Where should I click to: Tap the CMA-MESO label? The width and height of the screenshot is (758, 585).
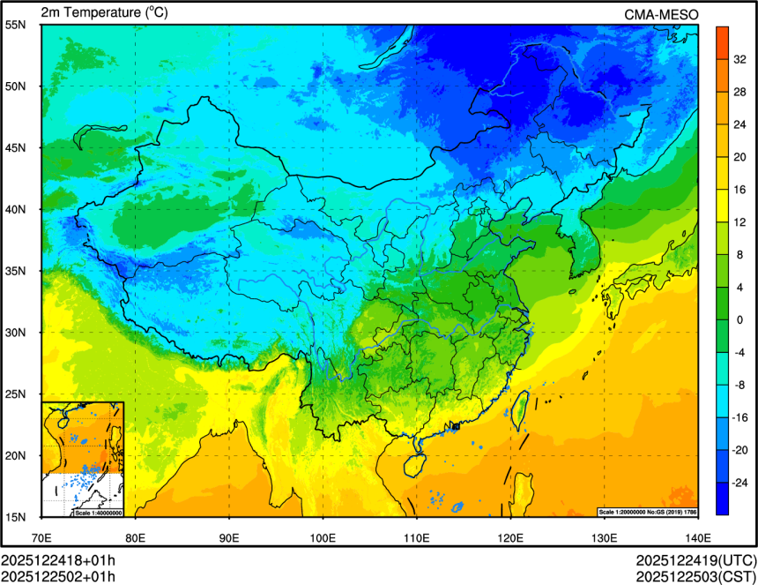tap(660, 14)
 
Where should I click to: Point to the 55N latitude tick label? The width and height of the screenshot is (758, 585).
tap(15, 25)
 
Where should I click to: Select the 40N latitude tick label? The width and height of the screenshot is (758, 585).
tap(15, 210)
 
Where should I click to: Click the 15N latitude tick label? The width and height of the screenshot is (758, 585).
tap(15, 517)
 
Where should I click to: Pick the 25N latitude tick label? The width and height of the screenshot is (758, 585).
tap(15, 394)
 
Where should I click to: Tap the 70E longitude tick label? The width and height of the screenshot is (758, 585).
tap(41, 537)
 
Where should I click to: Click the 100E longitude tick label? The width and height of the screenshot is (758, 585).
tap(323, 537)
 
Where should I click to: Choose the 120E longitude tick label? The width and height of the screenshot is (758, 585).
tap(510, 537)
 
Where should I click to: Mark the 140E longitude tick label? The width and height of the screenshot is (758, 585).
tap(697, 537)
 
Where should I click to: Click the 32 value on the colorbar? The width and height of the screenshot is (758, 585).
tap(741, 60)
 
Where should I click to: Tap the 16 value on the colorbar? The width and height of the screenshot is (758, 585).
tap(741, 190)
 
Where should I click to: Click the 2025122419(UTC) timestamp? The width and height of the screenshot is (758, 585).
tap(696, 560)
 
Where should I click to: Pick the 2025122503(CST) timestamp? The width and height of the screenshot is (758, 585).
tap(696, 577)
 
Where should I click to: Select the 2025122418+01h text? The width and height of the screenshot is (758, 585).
tap(58, 560)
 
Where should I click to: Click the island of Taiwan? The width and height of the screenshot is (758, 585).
tap(519, 409)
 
